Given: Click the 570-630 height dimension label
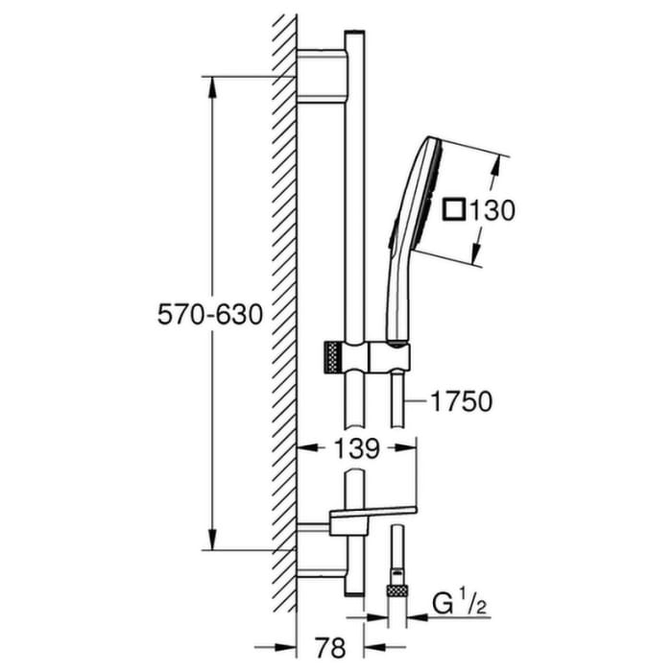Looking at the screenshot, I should point(210,314).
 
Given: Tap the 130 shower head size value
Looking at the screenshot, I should point(493,209).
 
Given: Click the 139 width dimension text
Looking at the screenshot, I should point(355,447).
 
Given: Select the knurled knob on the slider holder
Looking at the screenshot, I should point(332,357).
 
